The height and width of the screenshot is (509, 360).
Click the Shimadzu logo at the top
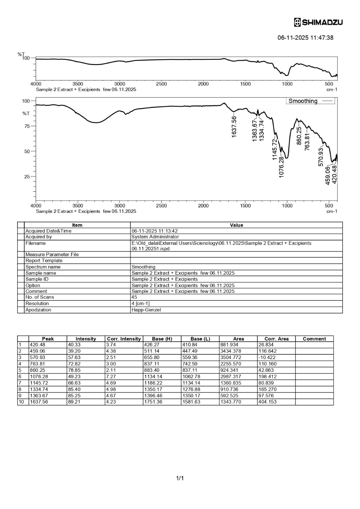click(318, 23)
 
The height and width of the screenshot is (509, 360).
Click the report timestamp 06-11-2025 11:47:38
click(305, 37)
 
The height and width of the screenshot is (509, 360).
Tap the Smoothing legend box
click(310, 101)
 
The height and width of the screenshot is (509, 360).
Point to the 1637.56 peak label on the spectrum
click(234, 126)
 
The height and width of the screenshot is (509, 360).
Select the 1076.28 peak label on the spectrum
click(281, 167)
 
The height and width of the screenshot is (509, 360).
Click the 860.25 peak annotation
click(299, 136)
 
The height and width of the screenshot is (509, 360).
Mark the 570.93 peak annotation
click(321, 157)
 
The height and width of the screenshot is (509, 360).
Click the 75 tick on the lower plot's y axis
click(27, 126)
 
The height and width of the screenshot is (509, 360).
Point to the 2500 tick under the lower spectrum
click(161, 206)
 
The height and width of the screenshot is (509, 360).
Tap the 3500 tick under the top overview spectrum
click(78, 84)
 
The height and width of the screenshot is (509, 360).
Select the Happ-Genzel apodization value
click(146, 310)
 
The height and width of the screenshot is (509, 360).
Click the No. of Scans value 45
click(134, 297)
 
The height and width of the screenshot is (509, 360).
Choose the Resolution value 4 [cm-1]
click(141, 303)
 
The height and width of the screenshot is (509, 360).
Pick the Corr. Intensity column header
click(124, 339)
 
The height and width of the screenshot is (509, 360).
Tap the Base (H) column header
click(162, 339)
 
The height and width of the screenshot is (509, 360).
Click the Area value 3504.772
click(231, 358)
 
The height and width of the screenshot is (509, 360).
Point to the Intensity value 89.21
click(74, 402)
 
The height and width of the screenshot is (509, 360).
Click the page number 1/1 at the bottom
click(180, 478)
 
